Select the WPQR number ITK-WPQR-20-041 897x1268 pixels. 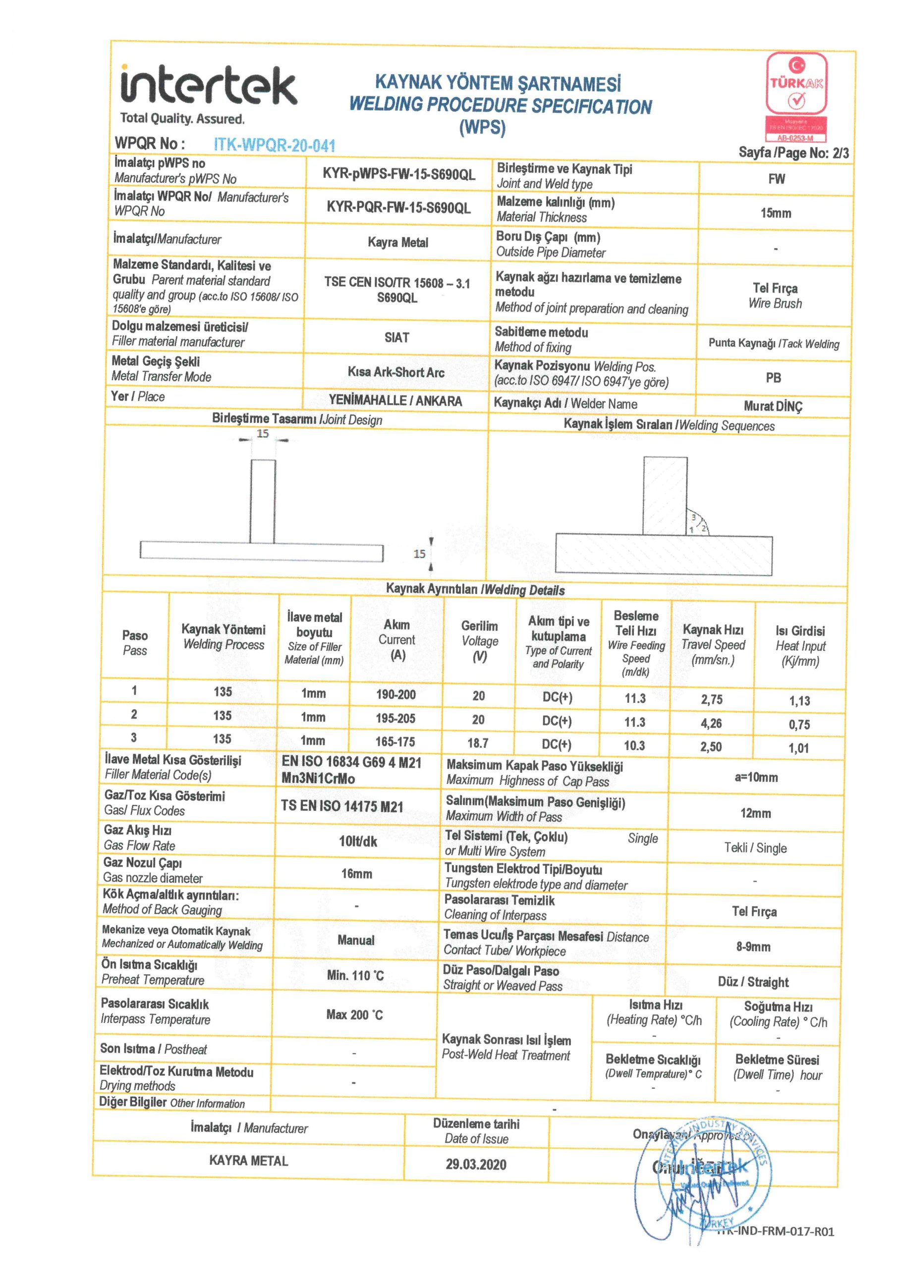[x=274, y=145]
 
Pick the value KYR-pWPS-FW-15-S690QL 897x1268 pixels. [x=398, y=174]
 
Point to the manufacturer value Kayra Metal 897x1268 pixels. [x=398, y=242]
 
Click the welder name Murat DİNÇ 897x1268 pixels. [x=773, y=407]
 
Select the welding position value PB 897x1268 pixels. [x=773, y=378]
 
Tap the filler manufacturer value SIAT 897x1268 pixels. [x=397, y=337]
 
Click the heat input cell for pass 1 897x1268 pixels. [x=799, y=701]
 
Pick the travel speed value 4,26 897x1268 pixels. [x=711, y=723]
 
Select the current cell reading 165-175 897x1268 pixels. [x=395, y=741]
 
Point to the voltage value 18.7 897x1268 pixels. [x=478, y=743]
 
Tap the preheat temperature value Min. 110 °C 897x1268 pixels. [x=355, y=975]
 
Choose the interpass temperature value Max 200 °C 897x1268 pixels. [x=354, y=1014]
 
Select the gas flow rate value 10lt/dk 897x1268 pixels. [x=358, y=842]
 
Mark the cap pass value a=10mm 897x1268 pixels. [x=756, y=778]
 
